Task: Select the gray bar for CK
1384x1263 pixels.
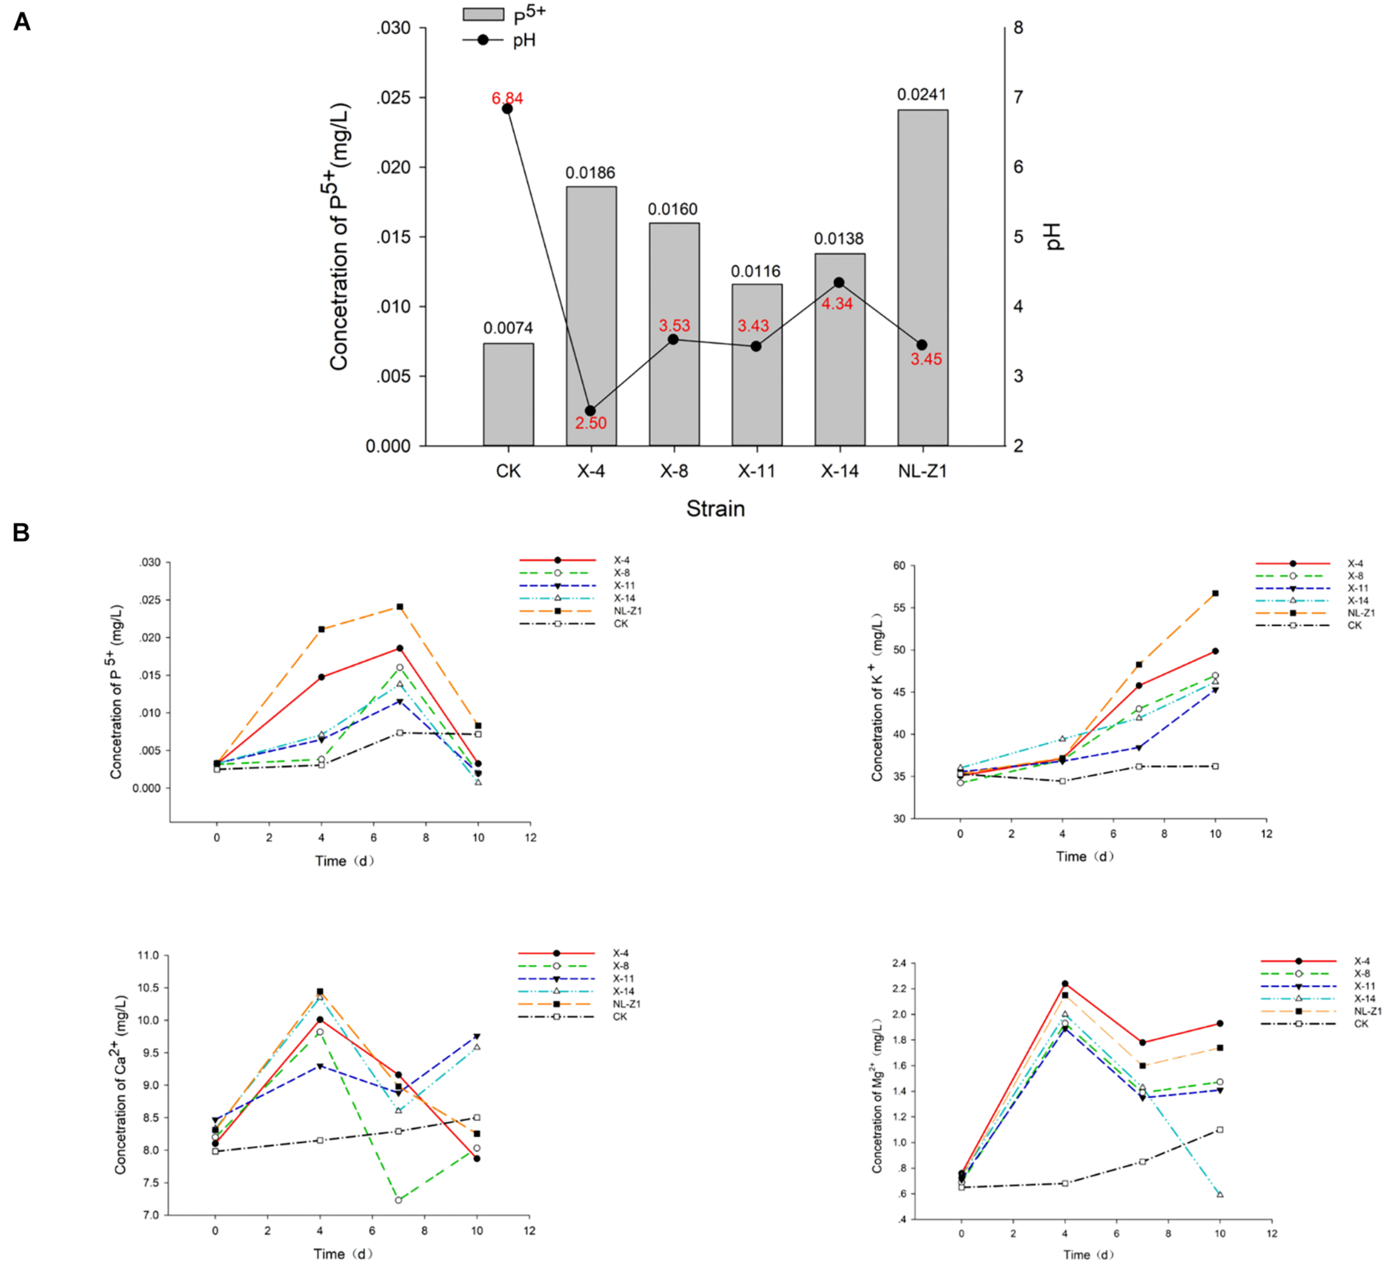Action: pyautogui.click(x=508, y=394)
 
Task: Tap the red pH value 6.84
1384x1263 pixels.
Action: pyautogui.click(x=507, y=98)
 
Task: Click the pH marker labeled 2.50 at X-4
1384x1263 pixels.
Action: pyautogui.click(x=590, y=411)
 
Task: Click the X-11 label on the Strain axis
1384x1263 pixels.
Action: pyautogui.click(x=757, y=471)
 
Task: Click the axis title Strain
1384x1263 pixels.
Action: pyautogui.click(x=715, y=509)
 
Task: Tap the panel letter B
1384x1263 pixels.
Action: pyautogui.click(x=21, y=533)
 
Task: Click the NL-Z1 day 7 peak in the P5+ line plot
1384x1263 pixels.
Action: pyautogui.click(x=400, y=607)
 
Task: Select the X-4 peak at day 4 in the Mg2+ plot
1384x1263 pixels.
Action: pyautogui.click(x=1065, y=983)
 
